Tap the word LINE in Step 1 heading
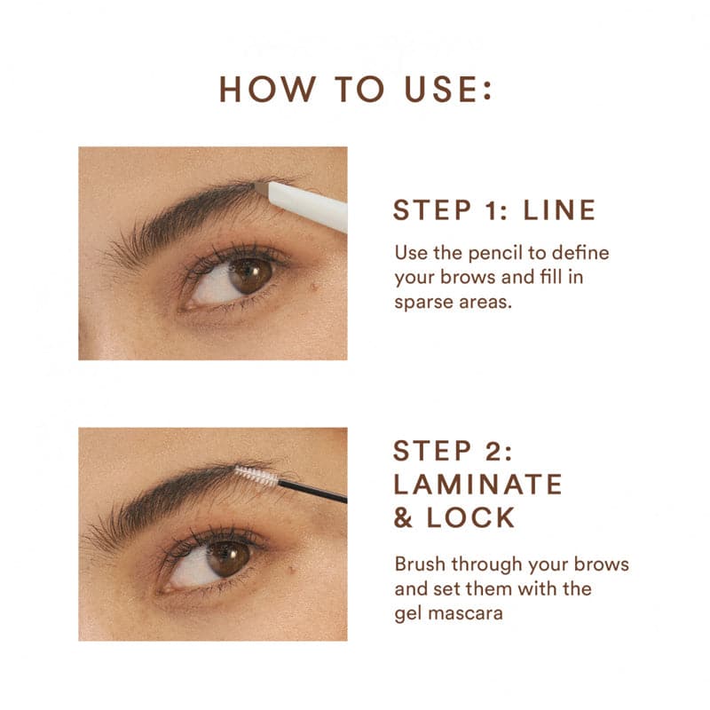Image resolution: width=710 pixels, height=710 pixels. coord(559,210)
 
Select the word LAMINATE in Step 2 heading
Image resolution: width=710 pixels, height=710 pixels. coord(478,484)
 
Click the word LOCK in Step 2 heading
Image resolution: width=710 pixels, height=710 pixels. coord(470,518)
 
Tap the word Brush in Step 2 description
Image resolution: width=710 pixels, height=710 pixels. coord(420,565)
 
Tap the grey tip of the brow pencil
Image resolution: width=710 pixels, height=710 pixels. coord(262,187)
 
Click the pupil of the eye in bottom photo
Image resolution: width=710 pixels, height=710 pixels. coord(227,557)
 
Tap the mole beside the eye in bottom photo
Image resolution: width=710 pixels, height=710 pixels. coord(287,565)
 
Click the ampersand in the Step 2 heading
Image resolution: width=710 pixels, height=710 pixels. coord(404,518)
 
